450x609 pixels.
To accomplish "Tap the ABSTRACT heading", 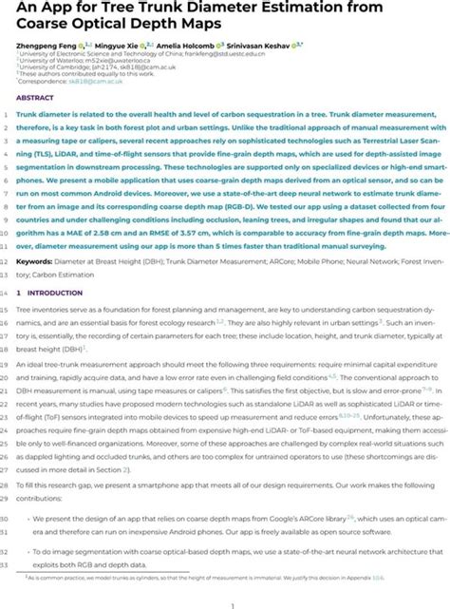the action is tap(34, 97).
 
